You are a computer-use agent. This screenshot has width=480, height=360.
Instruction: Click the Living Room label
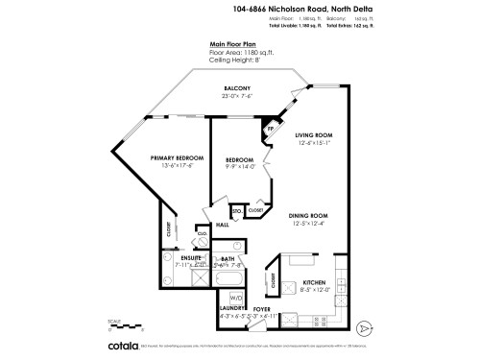313,136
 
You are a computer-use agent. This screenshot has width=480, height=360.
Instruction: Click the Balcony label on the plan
237,88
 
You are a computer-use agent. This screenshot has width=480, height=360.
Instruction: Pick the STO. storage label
236,208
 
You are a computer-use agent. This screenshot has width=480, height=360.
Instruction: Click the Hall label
222,225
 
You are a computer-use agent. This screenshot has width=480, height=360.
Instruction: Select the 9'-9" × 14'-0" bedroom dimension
239,166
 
